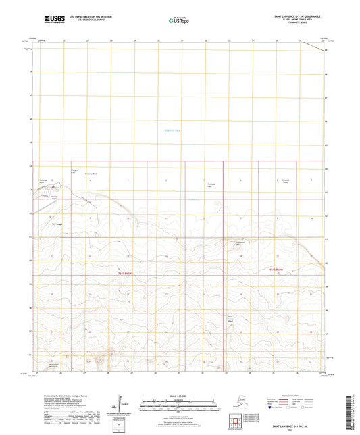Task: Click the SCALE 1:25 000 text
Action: [180, 396]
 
